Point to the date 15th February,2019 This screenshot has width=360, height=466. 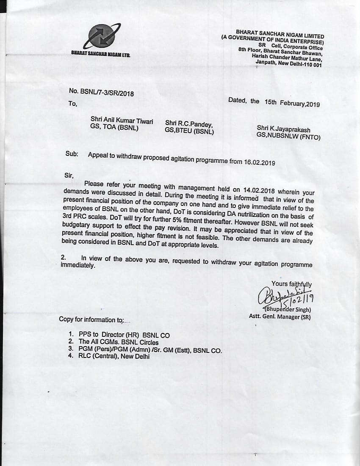292,103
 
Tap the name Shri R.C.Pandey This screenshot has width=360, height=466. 189,124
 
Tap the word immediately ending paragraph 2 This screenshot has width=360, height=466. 78,266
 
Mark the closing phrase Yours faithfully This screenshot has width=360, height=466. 292,284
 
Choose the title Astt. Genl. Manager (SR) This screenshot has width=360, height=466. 280,316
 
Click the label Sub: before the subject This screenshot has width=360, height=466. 72,154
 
